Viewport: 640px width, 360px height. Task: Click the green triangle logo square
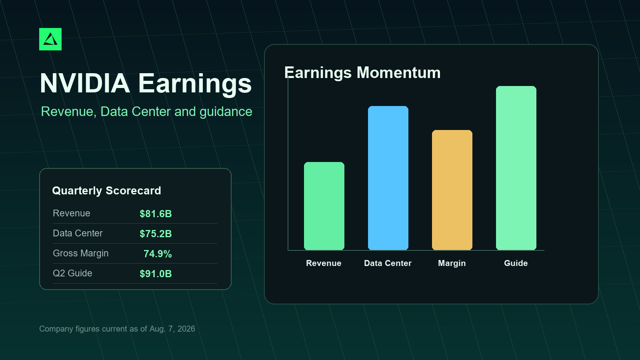point(50,39)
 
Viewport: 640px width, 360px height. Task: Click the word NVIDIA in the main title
point(85,84)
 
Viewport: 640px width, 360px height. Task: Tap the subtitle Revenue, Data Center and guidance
point(146,112)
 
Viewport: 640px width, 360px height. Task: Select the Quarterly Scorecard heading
point(106,190)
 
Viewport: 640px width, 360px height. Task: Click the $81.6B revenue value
point(156,214)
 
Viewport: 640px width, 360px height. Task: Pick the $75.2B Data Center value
point(156,234)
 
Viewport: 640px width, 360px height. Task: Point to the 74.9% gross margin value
point(158,254)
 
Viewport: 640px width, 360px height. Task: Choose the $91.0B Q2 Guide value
point(156,274)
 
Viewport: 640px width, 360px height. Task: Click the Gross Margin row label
point(80,254)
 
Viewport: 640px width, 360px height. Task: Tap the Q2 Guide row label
point(72,273)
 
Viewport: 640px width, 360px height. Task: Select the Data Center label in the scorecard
point(78,233)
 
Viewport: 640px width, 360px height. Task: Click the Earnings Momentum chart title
point(362,72)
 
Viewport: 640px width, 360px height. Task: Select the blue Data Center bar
point(388,178)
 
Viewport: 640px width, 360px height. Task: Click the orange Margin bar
point(452,190)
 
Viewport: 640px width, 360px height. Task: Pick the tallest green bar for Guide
point(516,168)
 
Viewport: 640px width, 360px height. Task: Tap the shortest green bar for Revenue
point(324,206)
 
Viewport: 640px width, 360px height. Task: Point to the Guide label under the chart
point(516,263)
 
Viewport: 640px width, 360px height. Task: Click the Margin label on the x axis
point(452,263)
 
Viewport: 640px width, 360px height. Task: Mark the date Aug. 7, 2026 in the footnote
point(172,329)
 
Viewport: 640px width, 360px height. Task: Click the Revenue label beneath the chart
point(324,263)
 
